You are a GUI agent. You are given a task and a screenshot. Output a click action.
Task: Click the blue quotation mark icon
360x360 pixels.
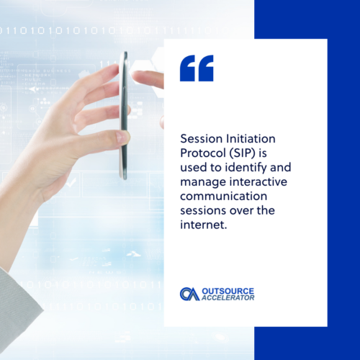coord(197,68)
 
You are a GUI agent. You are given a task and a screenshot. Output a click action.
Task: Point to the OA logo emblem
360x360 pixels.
coord(190,294)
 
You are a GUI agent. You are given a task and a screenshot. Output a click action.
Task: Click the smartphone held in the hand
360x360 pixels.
coord(124,115)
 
